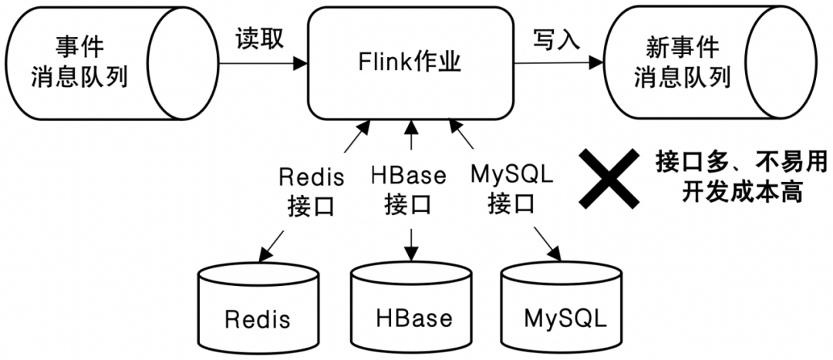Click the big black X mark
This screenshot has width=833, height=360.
(x=609, y=180)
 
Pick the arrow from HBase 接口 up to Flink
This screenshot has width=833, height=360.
(x=411, y=139)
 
